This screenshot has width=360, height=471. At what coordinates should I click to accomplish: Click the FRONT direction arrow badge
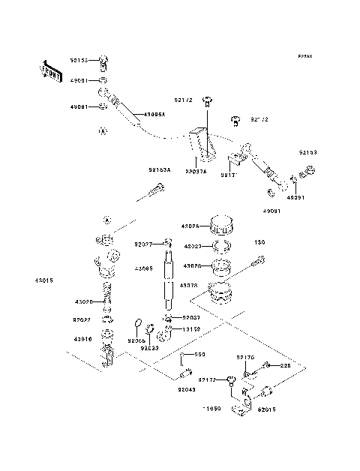click(51, 71)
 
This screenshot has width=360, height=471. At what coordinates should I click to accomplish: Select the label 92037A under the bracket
click(196, 171)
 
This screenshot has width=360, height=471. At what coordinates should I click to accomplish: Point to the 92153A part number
click(159, 170)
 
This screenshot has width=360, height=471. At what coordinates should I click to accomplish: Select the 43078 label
click(188, 285)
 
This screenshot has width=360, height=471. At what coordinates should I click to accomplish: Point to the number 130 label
click(259, 242)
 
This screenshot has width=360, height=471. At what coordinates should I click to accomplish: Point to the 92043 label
click(187, 389)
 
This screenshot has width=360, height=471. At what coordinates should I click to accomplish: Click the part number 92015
click(267, 410)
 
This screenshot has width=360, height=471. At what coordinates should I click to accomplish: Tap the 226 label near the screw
click(285, 366)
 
